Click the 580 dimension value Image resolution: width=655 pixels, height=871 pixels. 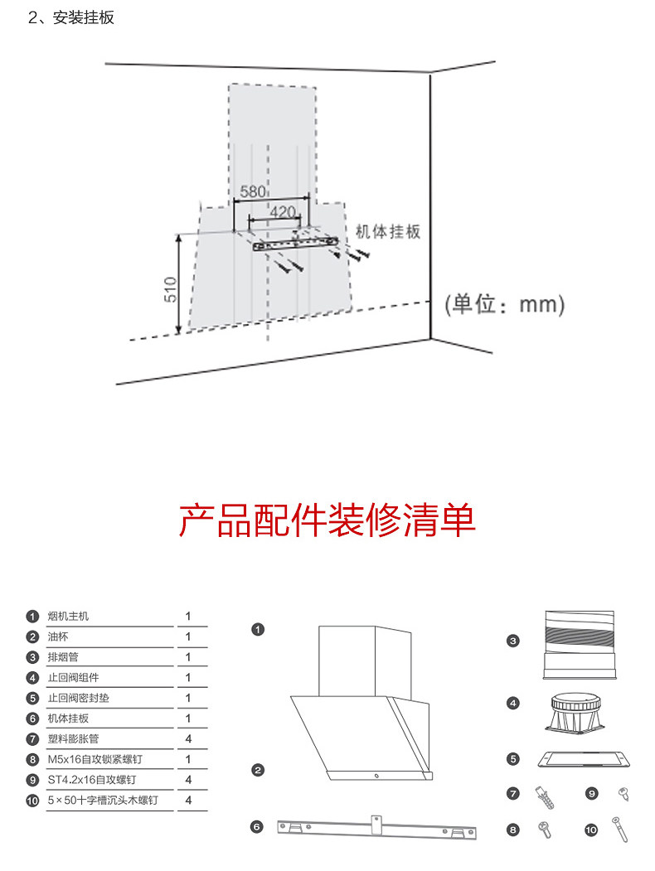(x=252, y=191)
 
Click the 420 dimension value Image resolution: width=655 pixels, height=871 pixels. (x=283, y=211)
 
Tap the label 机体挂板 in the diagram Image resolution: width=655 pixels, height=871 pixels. (x=388, y=231)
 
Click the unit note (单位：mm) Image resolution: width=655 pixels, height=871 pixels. (x=504, y=304)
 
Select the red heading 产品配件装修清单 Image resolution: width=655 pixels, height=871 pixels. (x=327, y=520)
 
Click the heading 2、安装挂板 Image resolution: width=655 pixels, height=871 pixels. (x=71, y=18)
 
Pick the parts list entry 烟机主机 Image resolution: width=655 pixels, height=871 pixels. (x=68, y=617)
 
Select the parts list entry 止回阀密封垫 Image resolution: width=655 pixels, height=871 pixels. (x=78, y=698)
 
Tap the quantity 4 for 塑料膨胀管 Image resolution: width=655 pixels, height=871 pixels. (x=188, y=738)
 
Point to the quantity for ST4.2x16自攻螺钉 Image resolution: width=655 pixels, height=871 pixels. (x=188, y=780)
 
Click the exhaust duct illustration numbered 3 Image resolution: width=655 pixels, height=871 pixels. (x=580, y=643)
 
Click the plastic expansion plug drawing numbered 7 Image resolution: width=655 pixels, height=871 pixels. (x=544, y=796)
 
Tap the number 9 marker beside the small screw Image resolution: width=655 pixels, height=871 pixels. (x=591, y=793)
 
